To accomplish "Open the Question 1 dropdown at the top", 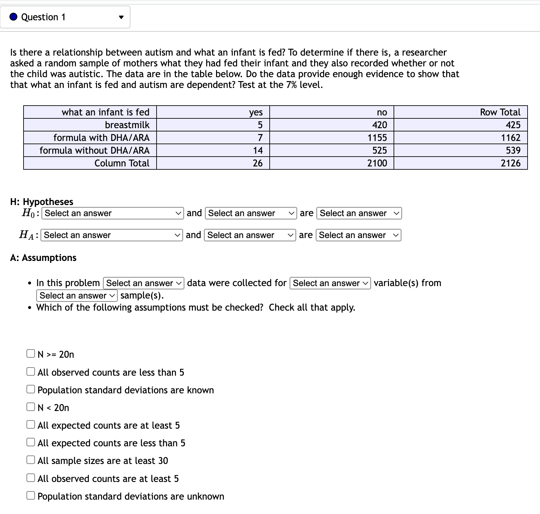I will tap(65, 17).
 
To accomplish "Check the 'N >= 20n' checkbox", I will tap(31, 354).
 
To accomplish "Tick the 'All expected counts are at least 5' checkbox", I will tap(31, 425).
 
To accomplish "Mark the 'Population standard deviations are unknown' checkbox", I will tap(31, 496).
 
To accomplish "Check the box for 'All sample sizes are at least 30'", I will tap(31, 460).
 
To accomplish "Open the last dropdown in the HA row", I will tap(358, 235).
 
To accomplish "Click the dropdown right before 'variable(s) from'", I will tap(330, 283).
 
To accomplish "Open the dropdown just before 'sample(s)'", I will tap(76, 296).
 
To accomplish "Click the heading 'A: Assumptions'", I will tap(43, 258).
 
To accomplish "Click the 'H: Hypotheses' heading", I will tap(42, 202).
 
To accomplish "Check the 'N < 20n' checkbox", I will tap(31, 407).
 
